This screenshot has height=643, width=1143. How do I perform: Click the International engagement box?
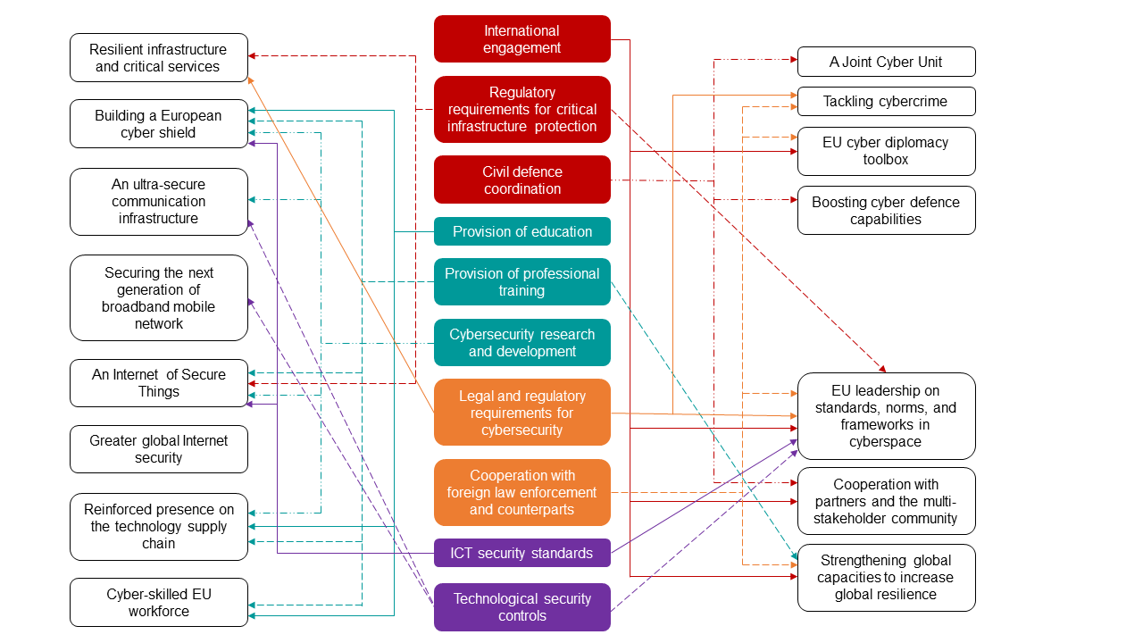click(x=522, y=39)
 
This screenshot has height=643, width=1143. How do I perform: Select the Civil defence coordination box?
click(x=522, y=180)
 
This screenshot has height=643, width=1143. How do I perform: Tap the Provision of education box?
click(x=522, y=231)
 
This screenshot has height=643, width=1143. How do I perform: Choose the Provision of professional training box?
click(x=522, y=282)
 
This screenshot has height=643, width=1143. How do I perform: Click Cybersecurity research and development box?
click(x=522, y=343)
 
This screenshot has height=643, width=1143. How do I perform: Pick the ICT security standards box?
click(x=522, y=553)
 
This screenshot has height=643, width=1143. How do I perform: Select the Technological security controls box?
click(x=522, y=607)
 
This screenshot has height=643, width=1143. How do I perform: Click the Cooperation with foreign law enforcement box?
click(x=522, y=492)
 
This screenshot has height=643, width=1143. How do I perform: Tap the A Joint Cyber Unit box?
click(x=886, y=62)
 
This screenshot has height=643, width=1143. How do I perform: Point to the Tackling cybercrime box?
click(x=886, y=101)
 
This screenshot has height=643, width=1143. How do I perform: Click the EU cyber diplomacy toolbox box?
click(x=886, y=151)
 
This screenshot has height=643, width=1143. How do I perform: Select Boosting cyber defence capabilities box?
click(x=886, y=211)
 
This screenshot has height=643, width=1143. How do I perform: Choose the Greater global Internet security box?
click(x=159, y=449)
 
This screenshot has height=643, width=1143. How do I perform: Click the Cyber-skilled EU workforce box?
click(x=159, y=603)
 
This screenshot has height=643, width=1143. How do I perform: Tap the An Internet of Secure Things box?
click(x=159, y=383)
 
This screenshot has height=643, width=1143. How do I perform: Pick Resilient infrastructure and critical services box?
click(x=159, y=58)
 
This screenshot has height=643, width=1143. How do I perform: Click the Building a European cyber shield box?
click(x=159, y=124)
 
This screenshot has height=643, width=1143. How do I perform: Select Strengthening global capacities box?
click(x=886, y=578)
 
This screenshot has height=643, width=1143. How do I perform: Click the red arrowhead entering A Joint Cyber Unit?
click(x=792, y=60)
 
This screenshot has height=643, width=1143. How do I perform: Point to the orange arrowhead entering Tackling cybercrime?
click(x=792, y=94)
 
